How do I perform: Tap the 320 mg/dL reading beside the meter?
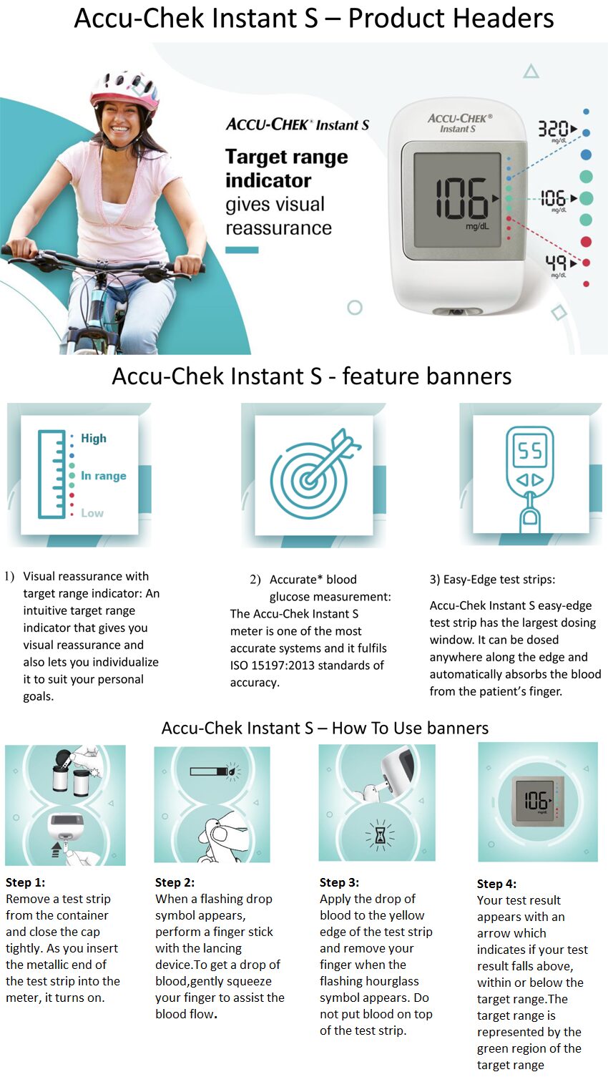point(553,129)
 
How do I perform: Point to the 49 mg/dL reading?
point(556,263)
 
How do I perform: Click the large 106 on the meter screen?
point(461,198)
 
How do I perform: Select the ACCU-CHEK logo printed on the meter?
point(459,119)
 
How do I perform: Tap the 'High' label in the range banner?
point(94,438)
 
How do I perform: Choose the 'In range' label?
point(103,476)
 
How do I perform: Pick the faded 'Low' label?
point(92,513)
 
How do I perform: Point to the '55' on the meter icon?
point(530,451)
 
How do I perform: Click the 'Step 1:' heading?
point(25,882)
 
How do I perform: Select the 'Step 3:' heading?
point(339,882)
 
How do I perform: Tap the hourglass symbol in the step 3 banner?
point(379,834)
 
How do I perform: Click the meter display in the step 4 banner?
point(536,800)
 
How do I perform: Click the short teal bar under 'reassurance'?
point(242,250)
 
